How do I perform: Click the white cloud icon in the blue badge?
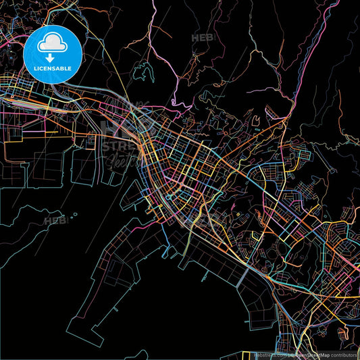[x=52, y=44]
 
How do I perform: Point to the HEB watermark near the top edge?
[x=203, y=38]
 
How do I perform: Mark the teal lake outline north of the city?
[x=143, y=70]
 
